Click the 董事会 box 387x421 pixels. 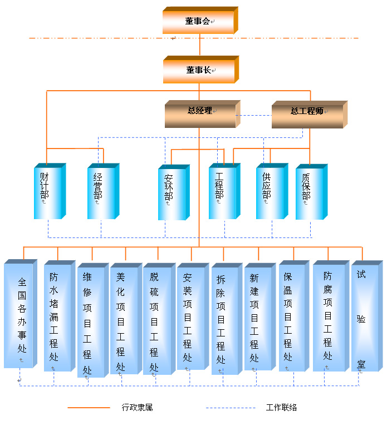(x=199, y=22)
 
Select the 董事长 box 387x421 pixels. (x=199, y=70)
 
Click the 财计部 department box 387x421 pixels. (x=48, y=192)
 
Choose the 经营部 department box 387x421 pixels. (x=101, y=192)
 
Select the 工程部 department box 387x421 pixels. (x=223, y=192)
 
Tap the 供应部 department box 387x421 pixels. (x=270, y=192)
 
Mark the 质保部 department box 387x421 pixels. (x=309, y=192)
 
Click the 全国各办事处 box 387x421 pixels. (x=20, y=315)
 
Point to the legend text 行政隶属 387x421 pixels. (x=137, y=408)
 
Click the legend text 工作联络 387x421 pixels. (x=281, y=408)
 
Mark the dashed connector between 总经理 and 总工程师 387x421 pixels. (x=253, y=116)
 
